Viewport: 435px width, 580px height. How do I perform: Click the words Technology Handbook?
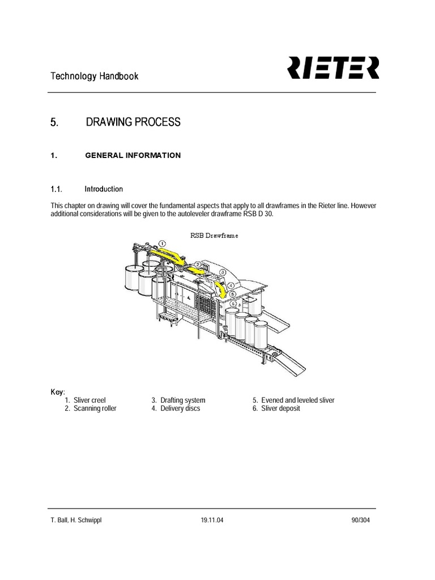(x=95, y=76)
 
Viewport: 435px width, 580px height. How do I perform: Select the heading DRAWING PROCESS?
(x=133, y=122)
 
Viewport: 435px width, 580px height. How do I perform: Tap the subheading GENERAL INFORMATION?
(x=133, y=155)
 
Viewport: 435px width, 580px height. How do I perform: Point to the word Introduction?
(x=104, y=189)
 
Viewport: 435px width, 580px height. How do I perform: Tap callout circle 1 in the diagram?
(x=163, y=244)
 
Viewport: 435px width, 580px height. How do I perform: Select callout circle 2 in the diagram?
(x=198, y=265)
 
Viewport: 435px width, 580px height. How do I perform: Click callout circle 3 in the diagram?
(x=223, y=272)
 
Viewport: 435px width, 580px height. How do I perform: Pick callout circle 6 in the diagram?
(x=233, y=303)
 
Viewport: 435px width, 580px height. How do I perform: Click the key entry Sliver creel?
(x=89, y=400)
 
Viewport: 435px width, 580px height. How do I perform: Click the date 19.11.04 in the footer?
(x=212, y=520)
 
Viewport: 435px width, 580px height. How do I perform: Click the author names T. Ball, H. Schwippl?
(x=76, y=520)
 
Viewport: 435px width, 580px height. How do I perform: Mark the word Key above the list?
(x=58, y=391)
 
